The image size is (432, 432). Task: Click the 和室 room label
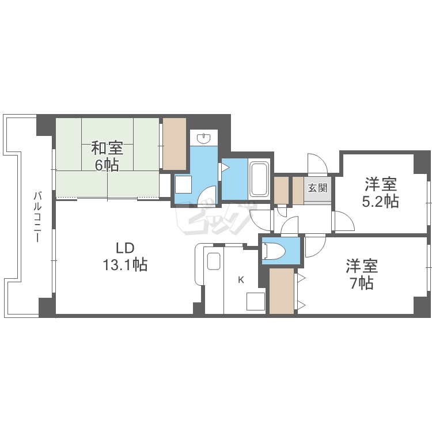pos(107,149)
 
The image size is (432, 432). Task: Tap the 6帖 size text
pos(107,165)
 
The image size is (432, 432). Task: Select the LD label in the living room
pos(125,248)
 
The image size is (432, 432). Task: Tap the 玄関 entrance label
pos(317,187)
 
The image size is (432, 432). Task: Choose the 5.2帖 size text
pos(380,202)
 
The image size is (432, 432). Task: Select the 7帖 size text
pos(361,283)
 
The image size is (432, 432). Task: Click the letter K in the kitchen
pos(241,281)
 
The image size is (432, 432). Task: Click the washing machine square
pos(184,184)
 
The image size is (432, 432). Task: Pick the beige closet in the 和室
pos(175,144)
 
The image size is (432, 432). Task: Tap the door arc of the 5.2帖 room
pos(341,222)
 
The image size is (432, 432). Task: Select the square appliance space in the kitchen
pos(255,302)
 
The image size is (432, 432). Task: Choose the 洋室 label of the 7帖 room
pos(361,266)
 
